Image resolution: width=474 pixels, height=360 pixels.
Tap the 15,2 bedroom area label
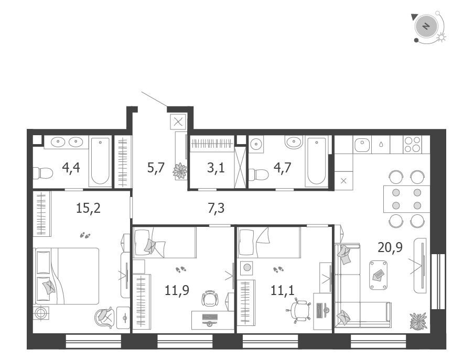tap(88, 208)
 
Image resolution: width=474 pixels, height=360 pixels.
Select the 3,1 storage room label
tap(216, 167)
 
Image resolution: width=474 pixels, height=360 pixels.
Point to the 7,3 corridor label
tap(216, 208)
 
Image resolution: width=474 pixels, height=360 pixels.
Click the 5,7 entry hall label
tap(156, 167)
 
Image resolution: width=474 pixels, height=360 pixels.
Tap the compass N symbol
tap(426, 26)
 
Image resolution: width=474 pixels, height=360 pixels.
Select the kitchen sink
tap(362, 145)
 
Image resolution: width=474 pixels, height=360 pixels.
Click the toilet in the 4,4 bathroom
tap(42, 173)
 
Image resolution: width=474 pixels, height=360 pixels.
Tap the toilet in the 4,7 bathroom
tap(258, 174)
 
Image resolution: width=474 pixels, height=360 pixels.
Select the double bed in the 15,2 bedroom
tap(67, 276)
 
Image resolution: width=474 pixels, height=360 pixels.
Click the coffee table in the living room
tap(379, 275)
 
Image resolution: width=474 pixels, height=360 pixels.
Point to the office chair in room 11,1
tap(298, 310)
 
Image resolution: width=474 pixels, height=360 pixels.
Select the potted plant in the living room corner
tap(418, 321)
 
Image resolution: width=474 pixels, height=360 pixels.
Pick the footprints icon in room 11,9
tap(180, 269)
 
